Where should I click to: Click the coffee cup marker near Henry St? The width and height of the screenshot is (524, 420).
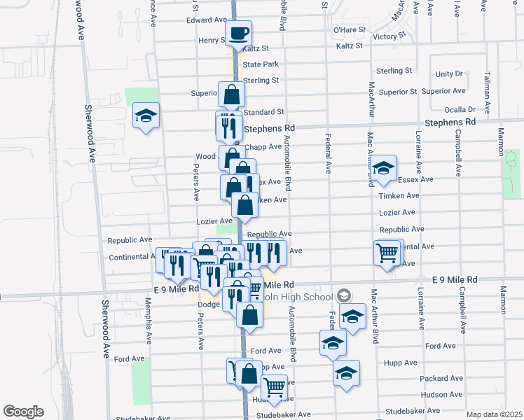pyautogui.click(x=238, y=33)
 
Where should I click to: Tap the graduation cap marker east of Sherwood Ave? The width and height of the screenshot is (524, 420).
pyautogui.click(x=146, y=115)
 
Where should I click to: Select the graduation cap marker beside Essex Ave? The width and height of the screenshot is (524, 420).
pyautogui.click(x=383, y=168)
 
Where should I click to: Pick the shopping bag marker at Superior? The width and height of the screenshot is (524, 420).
pyautogui.click(x=231, y=94)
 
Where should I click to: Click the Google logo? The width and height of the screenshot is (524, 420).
pyautogui.click(x=23, y=412)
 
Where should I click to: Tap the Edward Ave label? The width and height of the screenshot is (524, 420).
pyautogui.click(x=207, y=20)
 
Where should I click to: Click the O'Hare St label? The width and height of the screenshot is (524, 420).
pyautogui.click(x=350, y=30)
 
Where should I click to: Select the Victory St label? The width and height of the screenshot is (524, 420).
pyautogui.click(x=389, y=36)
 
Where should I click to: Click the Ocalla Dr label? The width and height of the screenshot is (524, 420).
pyautogui.click(x=460, y=109)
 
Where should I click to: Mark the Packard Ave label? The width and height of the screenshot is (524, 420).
pyautogui.click(x=441, y=378)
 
